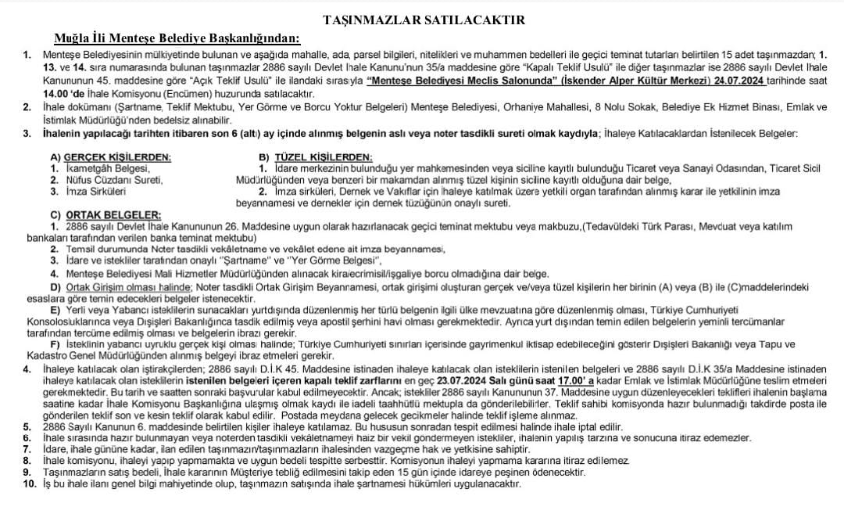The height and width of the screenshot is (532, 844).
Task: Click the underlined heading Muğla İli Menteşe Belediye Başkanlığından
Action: point(177,38)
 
